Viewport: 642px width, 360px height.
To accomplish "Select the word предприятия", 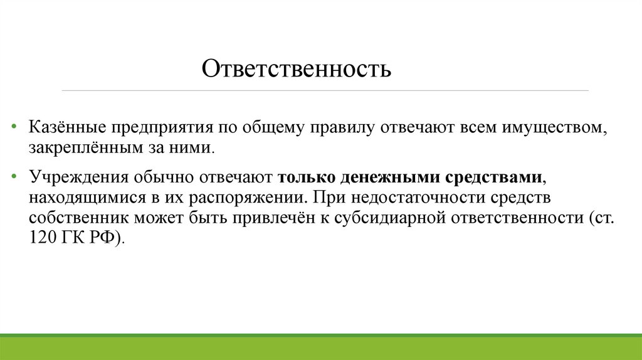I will click(161, 129).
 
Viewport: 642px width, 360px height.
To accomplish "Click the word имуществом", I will click(553, 129).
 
